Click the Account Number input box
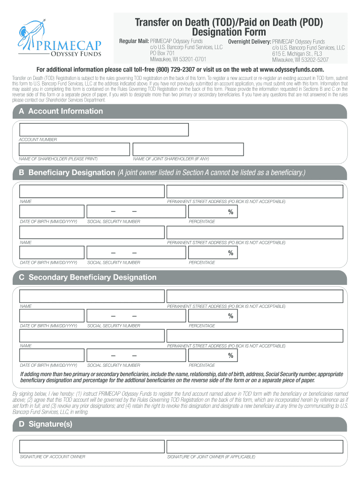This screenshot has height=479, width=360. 103,130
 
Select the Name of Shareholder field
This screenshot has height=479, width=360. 74,149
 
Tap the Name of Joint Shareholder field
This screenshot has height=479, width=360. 188,149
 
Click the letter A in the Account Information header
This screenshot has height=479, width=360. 21,111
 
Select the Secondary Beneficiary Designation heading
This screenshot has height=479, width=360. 93,277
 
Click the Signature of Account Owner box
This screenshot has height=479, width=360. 91,446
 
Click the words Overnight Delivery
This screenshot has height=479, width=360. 249,42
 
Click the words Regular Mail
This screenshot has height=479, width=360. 133,42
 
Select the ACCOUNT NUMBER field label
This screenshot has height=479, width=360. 38,139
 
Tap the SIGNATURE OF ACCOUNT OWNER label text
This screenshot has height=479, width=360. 52,457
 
